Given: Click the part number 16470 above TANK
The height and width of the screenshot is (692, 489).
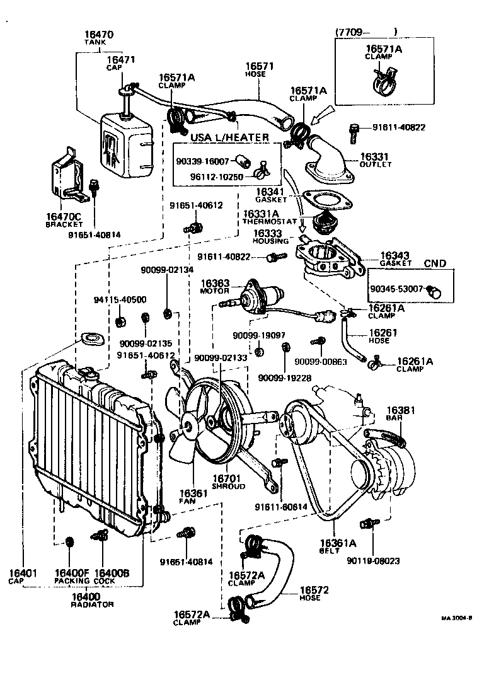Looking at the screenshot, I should pyautogui.click(x=95, y=34).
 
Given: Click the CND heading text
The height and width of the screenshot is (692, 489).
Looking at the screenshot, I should pyautogui.click(x=435, y=263).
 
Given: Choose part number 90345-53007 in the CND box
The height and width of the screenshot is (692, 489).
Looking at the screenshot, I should pyautogui.click(x=396, y=291).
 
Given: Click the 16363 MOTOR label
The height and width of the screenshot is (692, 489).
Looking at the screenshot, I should pyautogui.click(x=216, y=287).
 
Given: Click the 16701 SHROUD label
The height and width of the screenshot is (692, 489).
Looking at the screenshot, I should pyautogui.click(x=227, y=482).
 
